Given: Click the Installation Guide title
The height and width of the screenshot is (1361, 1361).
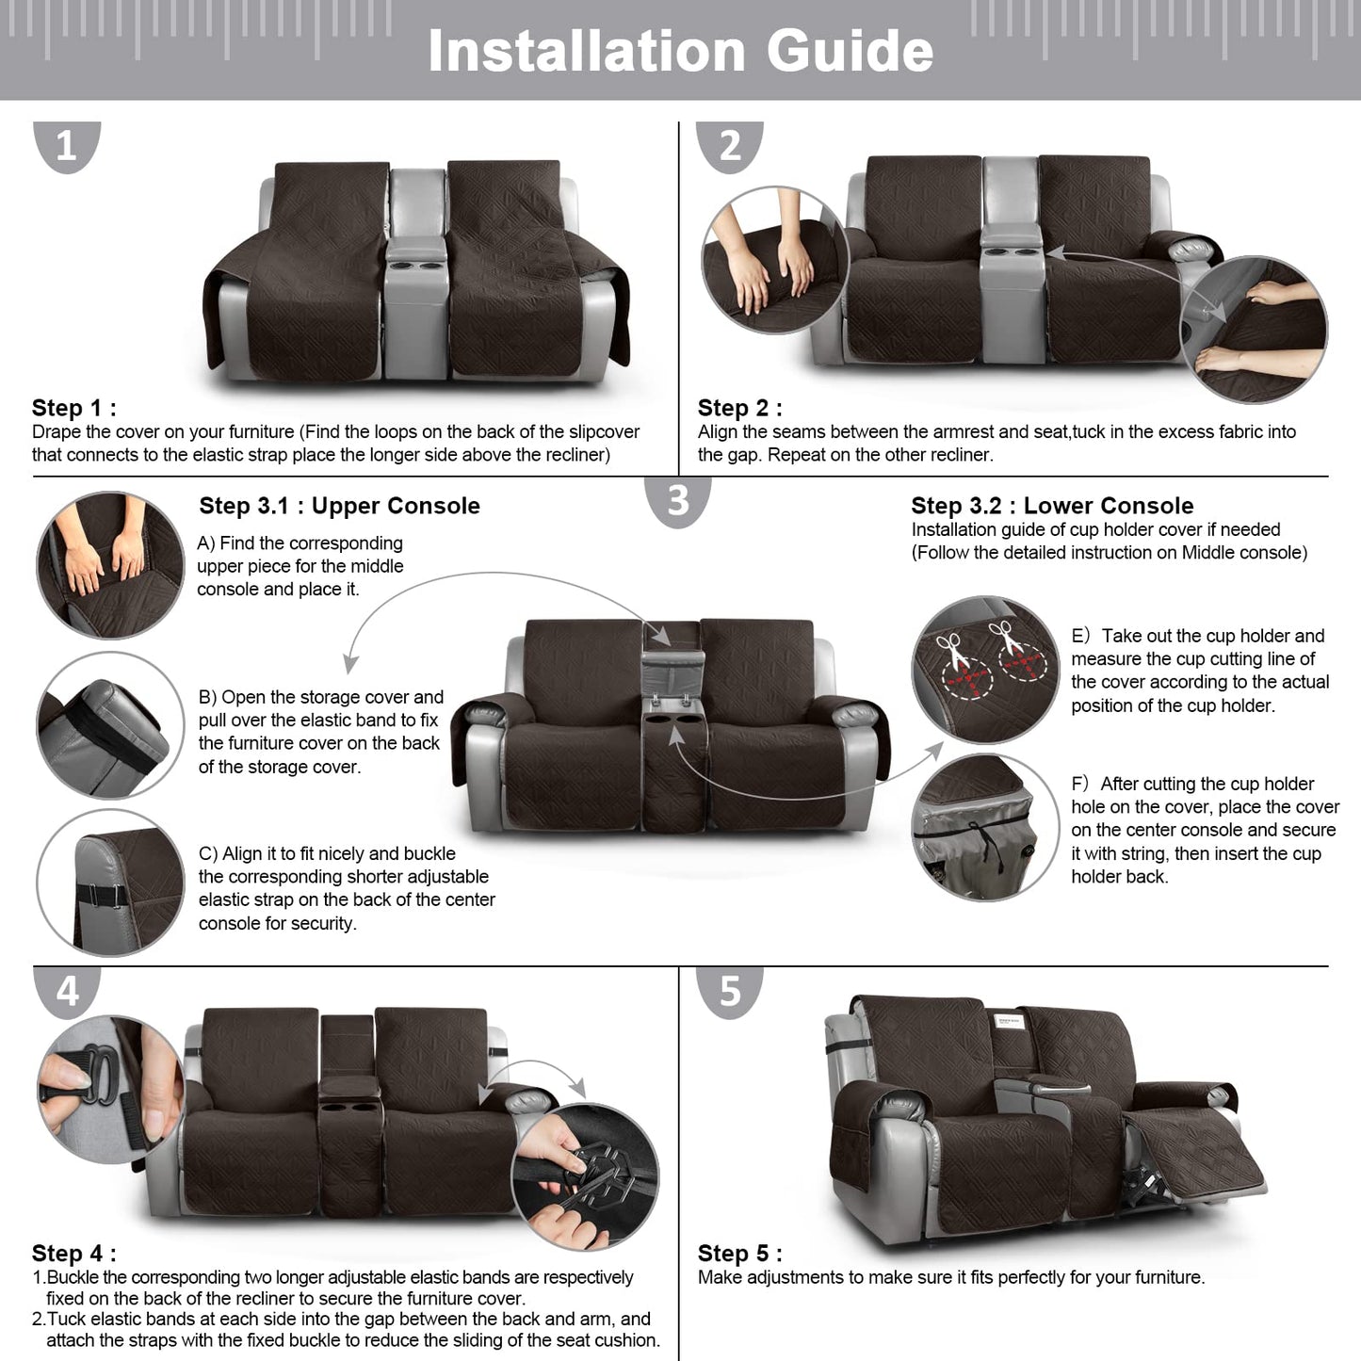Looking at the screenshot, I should tap(680, 51).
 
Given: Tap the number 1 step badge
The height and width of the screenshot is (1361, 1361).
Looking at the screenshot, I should tap(66, 146).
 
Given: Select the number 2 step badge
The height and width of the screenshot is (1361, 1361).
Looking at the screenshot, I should tap(730, 146).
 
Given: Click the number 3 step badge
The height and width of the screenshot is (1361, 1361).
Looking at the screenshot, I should tap(677, 500).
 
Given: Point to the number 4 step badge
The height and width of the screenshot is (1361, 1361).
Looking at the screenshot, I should tap(67, 991).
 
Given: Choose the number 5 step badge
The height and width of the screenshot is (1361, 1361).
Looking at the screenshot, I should tap(730, 991).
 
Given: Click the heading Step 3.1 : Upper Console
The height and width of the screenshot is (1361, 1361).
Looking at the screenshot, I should tap(339, 506).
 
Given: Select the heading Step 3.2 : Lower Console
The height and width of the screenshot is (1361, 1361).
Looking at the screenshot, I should tap(1052, 506).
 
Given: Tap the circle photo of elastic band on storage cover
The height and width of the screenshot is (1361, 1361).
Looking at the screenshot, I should tap(110, 725).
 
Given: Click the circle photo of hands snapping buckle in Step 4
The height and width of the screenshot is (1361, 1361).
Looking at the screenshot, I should tap(585, 1177).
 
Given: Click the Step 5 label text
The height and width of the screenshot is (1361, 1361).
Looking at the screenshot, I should tap(739, 1254).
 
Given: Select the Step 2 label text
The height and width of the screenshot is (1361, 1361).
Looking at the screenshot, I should tap(739, 408).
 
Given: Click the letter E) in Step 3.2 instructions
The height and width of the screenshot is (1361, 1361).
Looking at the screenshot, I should tap(1080, 636).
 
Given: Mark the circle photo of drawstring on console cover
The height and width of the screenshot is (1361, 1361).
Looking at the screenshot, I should tap(984, 827).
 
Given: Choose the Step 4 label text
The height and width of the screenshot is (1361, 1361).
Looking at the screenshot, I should tap(73, 1254).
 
